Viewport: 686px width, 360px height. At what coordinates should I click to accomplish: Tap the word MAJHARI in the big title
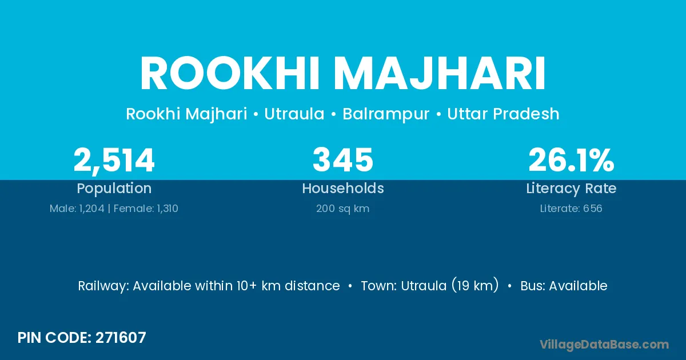coord(440,74)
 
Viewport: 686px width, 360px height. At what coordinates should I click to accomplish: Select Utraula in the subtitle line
coord(294,114)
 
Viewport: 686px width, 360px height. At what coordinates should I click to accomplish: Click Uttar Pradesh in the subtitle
coord(503,114)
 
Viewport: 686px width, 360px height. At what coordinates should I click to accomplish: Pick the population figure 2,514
coord(114,161)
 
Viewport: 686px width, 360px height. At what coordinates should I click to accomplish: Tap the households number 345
coord(342,160)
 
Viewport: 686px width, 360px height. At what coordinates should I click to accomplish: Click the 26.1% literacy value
coord(571,160)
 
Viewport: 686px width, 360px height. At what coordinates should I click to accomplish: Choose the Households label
coord(342,188)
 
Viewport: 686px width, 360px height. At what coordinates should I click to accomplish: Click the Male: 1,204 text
coord(77,209)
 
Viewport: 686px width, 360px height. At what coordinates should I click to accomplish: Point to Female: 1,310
coord(146,209)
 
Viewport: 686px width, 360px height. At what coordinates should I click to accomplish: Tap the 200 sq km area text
coord(342,209)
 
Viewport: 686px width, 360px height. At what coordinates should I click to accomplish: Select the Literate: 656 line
coord(571,209)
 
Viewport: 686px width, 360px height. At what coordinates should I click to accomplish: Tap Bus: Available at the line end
coord(564,286)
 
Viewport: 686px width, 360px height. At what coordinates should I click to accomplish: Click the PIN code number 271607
coord(121,338)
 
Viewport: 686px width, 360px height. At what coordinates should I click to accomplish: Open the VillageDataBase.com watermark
coord(604,345)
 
